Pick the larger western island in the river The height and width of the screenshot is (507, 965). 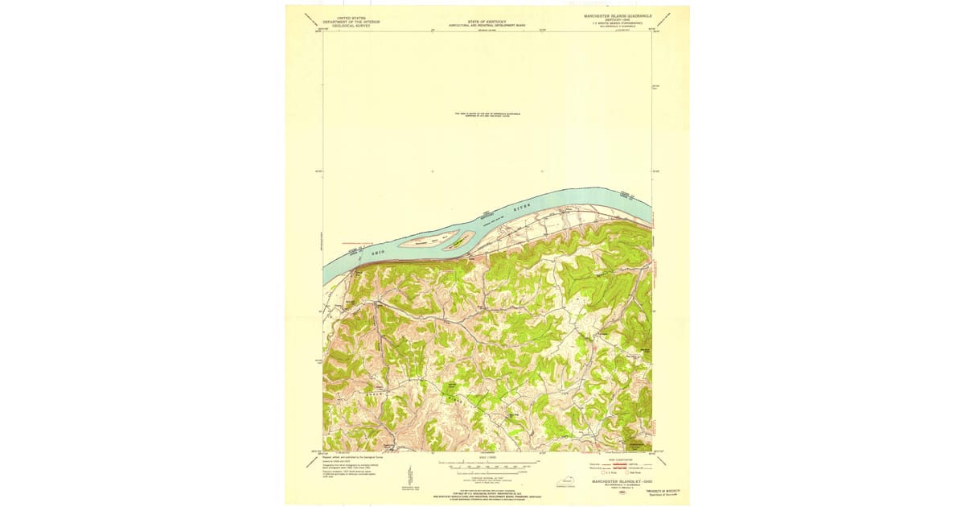tap(425, 239)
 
